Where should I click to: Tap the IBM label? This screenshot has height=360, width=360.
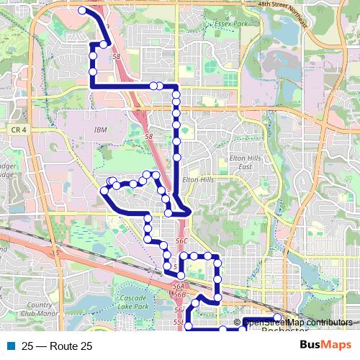(100, 130)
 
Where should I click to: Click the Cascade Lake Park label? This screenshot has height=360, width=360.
(133, 302)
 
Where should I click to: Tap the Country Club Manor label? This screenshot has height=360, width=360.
(36, 309)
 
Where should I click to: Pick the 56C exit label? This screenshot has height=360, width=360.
(181, 241)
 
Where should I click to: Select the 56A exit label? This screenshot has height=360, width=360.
(179, 286)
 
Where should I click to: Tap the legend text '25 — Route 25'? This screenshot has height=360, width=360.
(57, 346)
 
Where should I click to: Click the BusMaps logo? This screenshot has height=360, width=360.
(325, 346)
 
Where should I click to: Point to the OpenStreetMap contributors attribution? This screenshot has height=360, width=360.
(297, 323)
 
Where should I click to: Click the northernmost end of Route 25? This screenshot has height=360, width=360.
(82, 11)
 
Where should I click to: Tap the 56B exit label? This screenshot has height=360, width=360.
(179, 294)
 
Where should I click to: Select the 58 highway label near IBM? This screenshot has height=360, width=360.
(148, 136)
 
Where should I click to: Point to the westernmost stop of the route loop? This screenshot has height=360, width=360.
(104, 192)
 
